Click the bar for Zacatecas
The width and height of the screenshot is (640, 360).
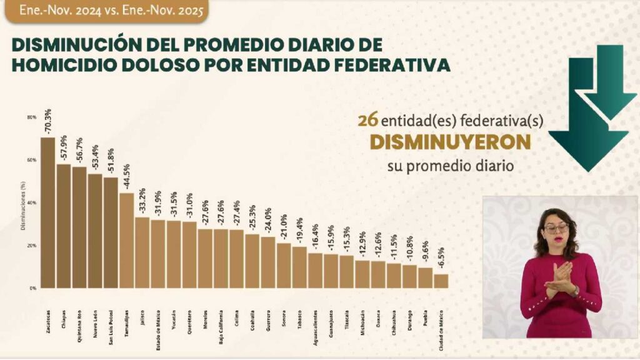point(47,212)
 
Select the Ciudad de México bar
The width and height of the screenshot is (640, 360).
point(441,281)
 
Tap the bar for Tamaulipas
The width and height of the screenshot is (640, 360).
point(126,240)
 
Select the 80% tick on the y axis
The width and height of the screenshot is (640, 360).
point(31,117)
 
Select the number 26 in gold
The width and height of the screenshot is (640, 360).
point(366,121)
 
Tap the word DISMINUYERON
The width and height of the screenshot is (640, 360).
point(450,143)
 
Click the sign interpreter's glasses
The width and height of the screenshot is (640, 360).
point(555,228)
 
